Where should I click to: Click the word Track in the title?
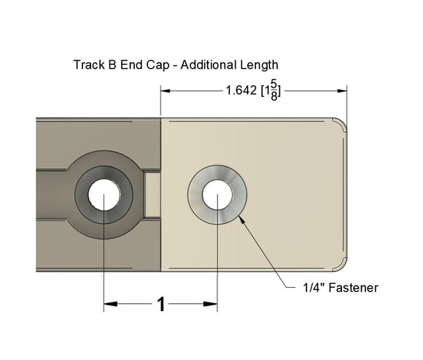[x=88, y=65]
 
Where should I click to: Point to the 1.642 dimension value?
[x=241, y=91]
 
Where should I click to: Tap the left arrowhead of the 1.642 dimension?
[x=166, y=91]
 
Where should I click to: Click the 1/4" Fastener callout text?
[x=340, y=288]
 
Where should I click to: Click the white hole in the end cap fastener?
[x=217, y=196]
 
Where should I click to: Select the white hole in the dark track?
[x=104, y=196]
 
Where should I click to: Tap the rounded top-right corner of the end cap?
[x=341, y=124]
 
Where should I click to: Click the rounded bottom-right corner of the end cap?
[x=341, y=265]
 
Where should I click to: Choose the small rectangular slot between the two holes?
[x=150, y=195]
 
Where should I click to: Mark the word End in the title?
[x=133, y=65]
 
